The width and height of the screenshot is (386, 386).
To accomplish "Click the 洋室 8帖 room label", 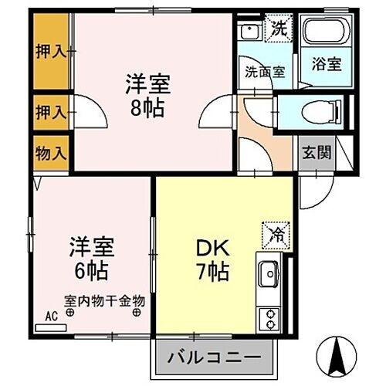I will click(147, 95).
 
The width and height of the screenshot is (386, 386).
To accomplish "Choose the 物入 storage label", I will click(51, 152).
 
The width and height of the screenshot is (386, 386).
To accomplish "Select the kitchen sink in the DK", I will click(269, 273).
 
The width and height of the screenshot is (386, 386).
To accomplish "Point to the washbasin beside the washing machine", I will click(249, 33).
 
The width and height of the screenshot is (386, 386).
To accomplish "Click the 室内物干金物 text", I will click(104, 302).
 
